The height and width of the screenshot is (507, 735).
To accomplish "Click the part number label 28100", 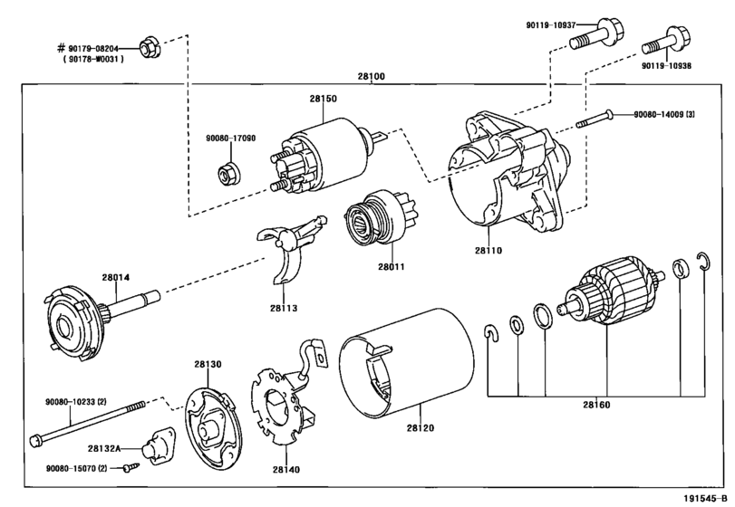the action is coord(372,76).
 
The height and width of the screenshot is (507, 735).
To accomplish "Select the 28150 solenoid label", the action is coord(323,99).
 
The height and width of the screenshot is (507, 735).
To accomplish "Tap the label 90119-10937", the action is coord(550,25).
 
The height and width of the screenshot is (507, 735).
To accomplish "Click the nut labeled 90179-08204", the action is coord(151,47).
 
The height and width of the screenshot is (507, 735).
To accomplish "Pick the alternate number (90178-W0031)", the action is coord(93,59).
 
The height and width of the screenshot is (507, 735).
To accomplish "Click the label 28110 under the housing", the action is coord(488,251).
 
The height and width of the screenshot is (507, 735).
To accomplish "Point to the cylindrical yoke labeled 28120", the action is coord(406,363).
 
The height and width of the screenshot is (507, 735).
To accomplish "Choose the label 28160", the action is coord(596,405).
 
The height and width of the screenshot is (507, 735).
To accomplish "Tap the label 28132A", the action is coord(104,448).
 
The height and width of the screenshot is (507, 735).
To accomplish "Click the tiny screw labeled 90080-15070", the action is coord(131,467).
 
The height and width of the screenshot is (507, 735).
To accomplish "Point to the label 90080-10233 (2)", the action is coord(76,402).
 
